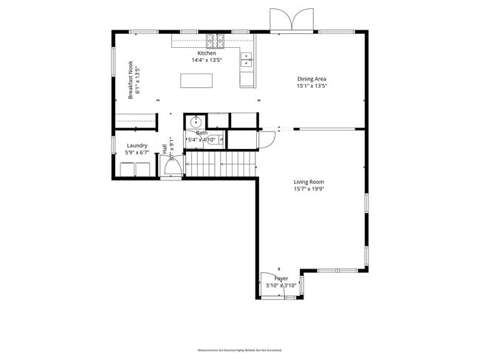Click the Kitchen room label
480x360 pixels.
(x=206, y=54)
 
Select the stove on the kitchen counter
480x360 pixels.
(x=215, y=40)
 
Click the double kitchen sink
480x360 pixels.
(x=246, y=60)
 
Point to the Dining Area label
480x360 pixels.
(x=312, y=79)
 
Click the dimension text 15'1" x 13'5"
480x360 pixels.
(x=312, y=86)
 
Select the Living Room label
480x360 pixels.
(x=309, y=181)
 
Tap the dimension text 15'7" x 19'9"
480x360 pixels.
(x=309, y=189)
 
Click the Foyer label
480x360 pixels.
(x=281, y=278)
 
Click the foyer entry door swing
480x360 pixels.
(x=270, y=285)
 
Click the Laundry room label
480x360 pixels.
(x=137, y=146)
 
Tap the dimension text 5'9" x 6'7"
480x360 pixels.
(x=137, y=153)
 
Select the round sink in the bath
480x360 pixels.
(x=195, y=122)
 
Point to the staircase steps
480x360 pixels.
(x=219, y=164)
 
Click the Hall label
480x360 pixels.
(x=164, y=149)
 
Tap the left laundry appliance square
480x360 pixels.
(x=127, y=170)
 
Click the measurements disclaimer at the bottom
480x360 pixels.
(x=239, y=350)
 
